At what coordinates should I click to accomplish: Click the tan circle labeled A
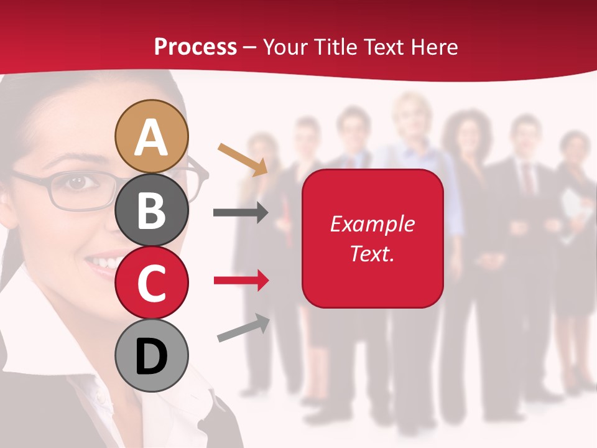151,136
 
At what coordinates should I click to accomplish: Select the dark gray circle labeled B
151,210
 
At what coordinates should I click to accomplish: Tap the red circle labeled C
151,282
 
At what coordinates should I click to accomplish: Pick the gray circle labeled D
151,355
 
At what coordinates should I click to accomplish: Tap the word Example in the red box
372,224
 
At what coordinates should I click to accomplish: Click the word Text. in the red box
372,253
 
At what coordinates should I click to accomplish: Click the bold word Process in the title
195,47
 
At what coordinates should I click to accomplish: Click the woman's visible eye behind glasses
76,182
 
